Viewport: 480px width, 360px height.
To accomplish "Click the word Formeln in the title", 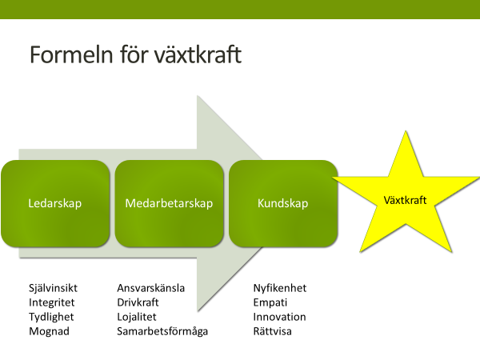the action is click(71, 54).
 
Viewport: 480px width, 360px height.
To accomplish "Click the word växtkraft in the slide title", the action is click(198, 54).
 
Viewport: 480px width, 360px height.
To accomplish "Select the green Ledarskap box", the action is click(55, 203).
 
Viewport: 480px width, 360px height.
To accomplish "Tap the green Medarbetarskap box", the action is click(170, 203).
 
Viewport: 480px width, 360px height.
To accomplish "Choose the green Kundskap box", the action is click(283, 203).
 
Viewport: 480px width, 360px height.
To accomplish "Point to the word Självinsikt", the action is click(53, 288).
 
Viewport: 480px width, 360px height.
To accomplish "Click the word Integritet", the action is click(51, 302).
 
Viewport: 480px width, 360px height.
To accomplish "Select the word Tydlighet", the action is click(51, 317).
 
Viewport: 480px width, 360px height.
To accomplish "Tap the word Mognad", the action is click(49, 331).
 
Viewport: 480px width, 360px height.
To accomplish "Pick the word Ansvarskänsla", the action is click(151, 288).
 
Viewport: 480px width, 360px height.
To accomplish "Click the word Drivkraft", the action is click(138, 302).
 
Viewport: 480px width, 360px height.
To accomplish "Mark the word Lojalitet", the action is click(137, 317).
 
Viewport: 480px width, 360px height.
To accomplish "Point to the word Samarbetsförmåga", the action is click(162, 331).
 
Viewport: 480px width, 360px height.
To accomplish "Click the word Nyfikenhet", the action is click(280, 288).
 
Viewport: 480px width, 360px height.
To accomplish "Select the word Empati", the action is click(270, 302).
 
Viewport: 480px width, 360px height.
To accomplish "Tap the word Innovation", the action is click(279, 317).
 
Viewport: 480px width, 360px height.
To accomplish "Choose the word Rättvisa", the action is click(272, 331).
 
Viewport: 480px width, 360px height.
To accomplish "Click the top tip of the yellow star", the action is click(406, 131).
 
